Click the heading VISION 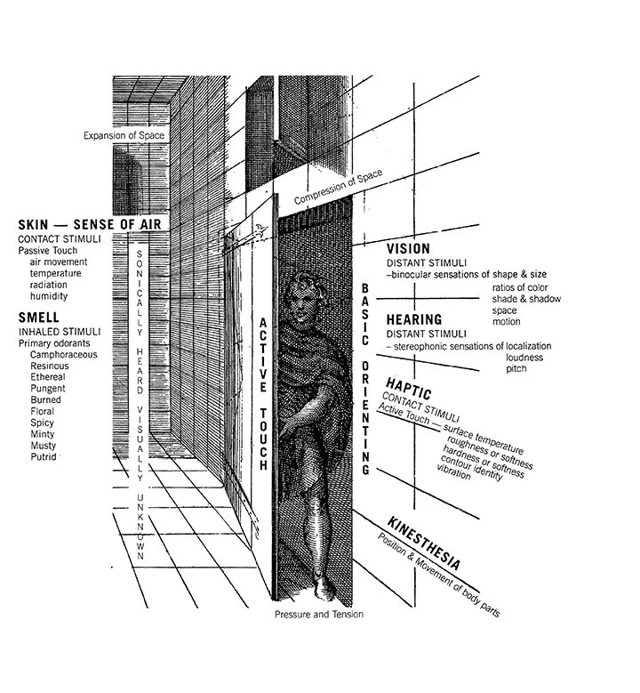coord(409,248)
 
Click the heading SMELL coord(38,317)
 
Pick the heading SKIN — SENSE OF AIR coord(89,225)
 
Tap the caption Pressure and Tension coord(318,614)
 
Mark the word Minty coord(42,434)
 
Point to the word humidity coord(50,296)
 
